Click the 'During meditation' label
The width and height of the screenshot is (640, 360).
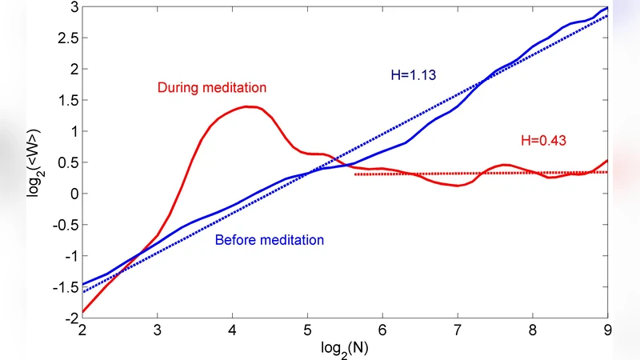[212, 86]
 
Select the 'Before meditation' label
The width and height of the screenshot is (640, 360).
[270, 239]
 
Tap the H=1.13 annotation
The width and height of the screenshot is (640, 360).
[407, 77]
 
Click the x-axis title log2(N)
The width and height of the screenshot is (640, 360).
[345, 350]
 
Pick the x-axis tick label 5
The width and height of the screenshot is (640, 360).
[307, 330]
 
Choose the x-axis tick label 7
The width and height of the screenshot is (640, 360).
[457, 330]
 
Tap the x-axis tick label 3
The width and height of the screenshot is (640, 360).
[157, 330]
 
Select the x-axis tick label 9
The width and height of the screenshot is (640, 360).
[607, 330]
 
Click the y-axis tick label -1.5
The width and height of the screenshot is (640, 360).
[64, 287]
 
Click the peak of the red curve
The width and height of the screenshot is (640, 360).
[250, 106]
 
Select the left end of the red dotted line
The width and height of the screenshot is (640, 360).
[355, 174]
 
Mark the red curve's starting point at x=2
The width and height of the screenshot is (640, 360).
[82, 312]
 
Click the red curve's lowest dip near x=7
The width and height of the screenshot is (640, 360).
[456, 186]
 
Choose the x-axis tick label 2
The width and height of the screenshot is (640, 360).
[82, 330]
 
